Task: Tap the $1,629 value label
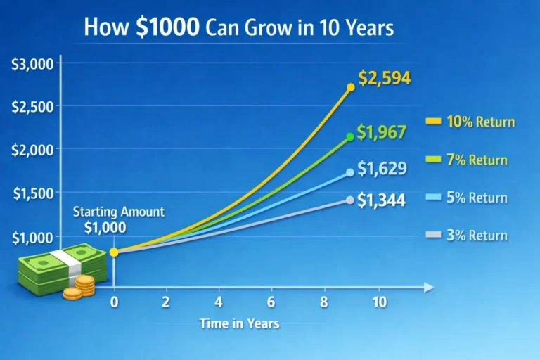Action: click(381, 169)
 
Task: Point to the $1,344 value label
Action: click(381, 200)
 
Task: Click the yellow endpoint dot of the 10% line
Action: click(350, 88)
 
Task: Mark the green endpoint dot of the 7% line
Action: click(350, 137)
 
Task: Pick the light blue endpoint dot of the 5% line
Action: click(350, 172)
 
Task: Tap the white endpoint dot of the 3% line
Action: click(350, 200)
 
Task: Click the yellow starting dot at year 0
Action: click(114, 252)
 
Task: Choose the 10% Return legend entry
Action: click(470, 122)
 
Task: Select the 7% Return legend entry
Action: click(467, 160)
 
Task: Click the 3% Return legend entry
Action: click(467, 236)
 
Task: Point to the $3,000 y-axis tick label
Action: click(33, 64)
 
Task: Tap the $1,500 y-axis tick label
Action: click(33, 194)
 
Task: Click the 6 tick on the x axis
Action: click(271, 302)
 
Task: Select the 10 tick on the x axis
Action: click(379, 302)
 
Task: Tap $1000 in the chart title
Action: click(171, 28)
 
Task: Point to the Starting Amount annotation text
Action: click(119, 212)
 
